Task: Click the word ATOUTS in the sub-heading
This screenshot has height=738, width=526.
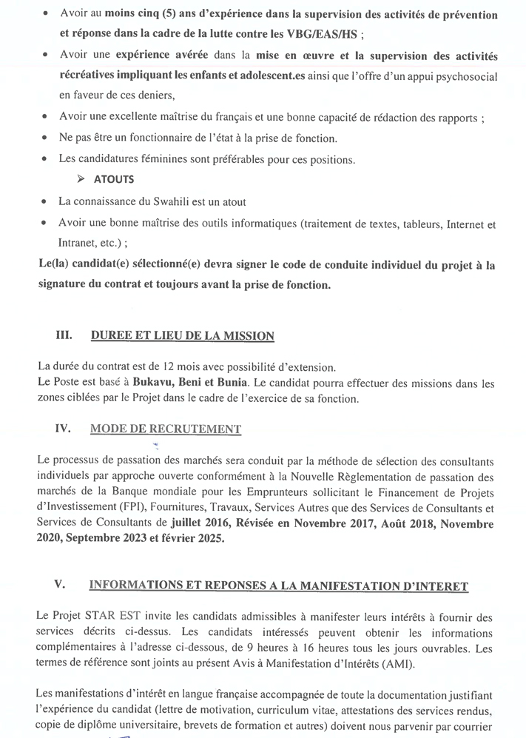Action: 114,179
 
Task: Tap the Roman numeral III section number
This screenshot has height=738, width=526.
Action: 65,335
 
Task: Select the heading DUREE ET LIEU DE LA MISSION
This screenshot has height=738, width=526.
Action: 182,336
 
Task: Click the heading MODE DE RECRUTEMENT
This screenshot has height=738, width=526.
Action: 165,429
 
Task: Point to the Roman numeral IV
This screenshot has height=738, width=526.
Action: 64,429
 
